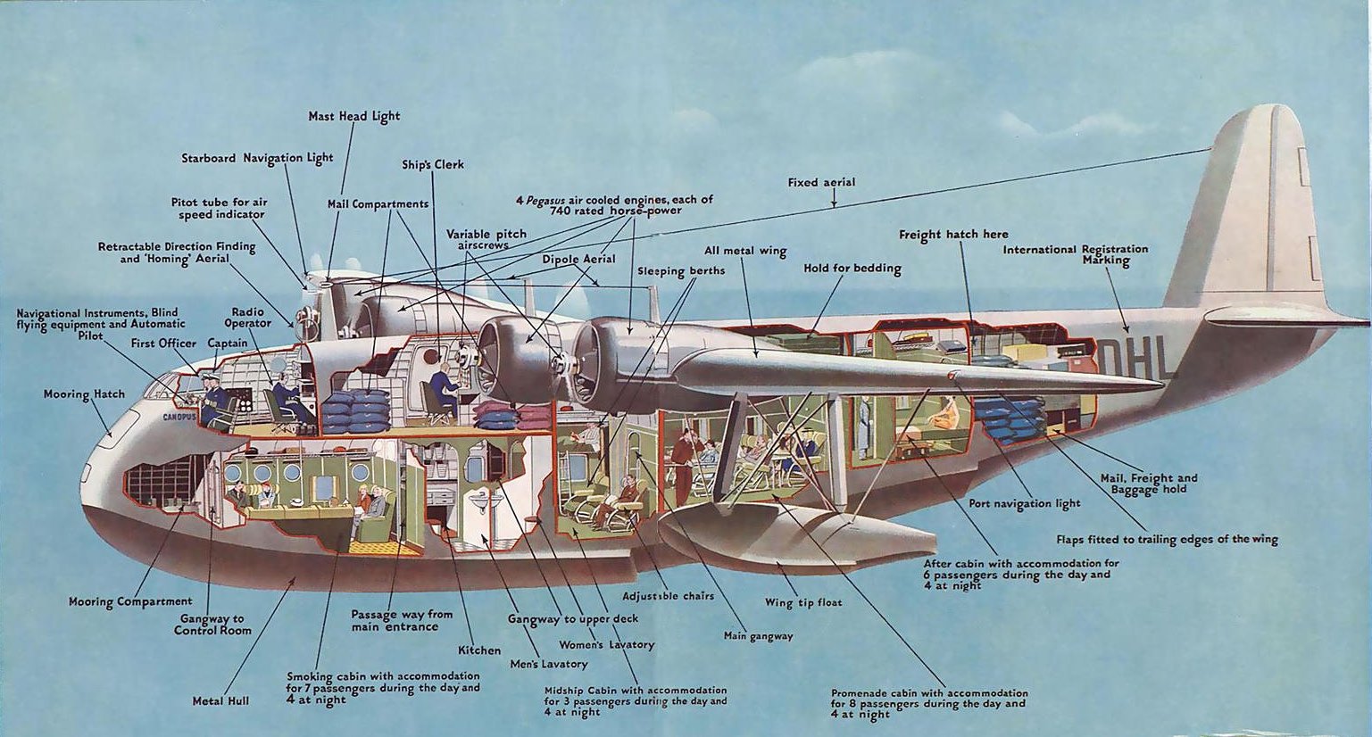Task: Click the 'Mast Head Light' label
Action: click(x=353, y=116)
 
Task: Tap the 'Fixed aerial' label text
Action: click(x=821, y=183)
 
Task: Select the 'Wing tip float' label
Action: click(x=803, y=602)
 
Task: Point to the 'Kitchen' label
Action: click(x=479, y=650)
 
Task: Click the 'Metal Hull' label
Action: click(x=220, y=701)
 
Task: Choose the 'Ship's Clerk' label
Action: click(x=432, y=164)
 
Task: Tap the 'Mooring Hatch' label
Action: click(x=84, y=393)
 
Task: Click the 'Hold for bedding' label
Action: click(x=852, y=269)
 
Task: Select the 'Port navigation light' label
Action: click(x=1024, y=503)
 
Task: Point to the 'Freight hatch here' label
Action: click(x=952, y=235)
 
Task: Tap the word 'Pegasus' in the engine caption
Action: click(x=545, y=201)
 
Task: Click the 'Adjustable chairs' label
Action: click(x=668, y=596)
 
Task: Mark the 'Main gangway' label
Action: click(x=758, y=636)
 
